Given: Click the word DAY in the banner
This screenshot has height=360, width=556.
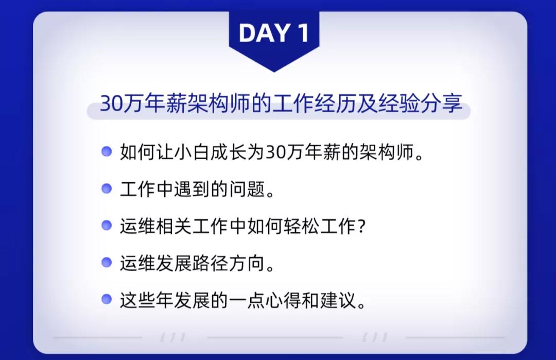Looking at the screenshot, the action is [265, 33].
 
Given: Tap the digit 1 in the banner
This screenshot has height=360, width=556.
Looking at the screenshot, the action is [303, 33].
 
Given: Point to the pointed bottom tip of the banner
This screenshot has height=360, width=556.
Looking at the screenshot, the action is [274, 72].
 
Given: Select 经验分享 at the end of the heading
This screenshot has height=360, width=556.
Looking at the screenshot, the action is [420, 103].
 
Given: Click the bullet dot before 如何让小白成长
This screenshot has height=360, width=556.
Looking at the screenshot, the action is [107, 151].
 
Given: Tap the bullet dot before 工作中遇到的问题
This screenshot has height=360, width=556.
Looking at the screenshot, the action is [107, 188].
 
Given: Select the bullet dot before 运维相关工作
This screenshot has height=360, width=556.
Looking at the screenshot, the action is [107, 225].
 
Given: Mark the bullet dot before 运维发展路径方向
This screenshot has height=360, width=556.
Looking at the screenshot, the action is [107, 263].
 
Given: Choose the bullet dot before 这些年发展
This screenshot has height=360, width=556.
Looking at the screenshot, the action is [107, 299].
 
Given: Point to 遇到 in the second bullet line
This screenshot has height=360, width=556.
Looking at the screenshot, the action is [192, 188].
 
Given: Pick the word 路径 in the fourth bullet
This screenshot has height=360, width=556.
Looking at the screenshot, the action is [210, 263].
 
